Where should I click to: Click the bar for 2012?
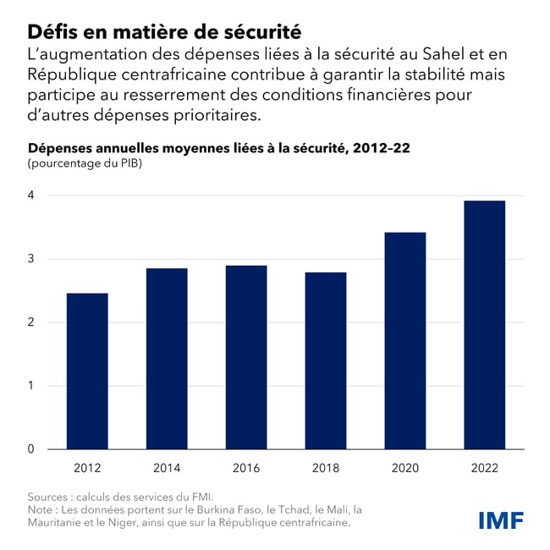pos(87,371)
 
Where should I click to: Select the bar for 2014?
pos(167,358)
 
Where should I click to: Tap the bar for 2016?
pos(246,357)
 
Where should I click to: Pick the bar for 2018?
pos(326,360)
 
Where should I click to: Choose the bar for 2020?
pos(405,340)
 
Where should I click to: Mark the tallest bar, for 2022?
pos(485,325)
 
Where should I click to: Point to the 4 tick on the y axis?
pos(32,195)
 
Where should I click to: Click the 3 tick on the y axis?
pos(32,259)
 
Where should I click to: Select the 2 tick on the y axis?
pos(32,322)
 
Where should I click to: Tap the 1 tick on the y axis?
pos(32,386)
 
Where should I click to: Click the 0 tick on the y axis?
pos(32,449)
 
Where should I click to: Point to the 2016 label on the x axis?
pos(246,468)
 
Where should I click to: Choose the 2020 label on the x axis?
pos(405,468)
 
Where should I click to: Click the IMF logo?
pos(501,520)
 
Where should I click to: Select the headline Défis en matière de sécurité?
pos(164,32)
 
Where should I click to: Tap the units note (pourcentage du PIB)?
pos(85,163)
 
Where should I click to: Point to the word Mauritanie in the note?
pos(58,522)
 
